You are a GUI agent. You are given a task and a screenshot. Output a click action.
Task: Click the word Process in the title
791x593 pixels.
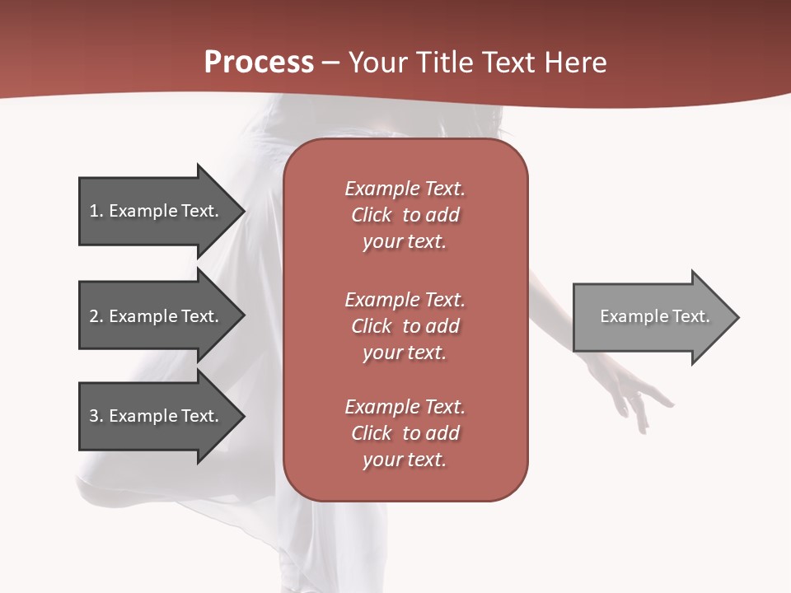259,63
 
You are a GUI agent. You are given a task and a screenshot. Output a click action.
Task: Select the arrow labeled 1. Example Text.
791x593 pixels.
157,211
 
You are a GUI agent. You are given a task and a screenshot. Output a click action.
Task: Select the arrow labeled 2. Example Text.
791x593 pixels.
157,316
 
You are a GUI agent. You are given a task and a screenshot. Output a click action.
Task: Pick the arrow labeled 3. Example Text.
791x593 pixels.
157,416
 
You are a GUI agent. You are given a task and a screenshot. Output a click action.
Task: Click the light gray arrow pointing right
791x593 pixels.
651,317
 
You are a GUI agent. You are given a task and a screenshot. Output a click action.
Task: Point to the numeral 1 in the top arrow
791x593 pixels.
94,211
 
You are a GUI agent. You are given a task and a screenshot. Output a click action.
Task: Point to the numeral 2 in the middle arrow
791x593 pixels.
94,316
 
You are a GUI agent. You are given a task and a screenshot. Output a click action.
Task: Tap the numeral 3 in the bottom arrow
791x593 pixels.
94,416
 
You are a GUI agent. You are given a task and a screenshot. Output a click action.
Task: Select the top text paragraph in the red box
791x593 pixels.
405,215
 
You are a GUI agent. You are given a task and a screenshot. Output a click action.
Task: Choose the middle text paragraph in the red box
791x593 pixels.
405,326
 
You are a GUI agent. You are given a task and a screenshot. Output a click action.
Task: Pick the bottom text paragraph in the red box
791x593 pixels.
405,433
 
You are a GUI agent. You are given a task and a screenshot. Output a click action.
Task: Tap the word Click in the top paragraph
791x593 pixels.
371,215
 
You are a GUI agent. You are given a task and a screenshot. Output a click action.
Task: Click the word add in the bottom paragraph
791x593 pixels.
442,433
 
